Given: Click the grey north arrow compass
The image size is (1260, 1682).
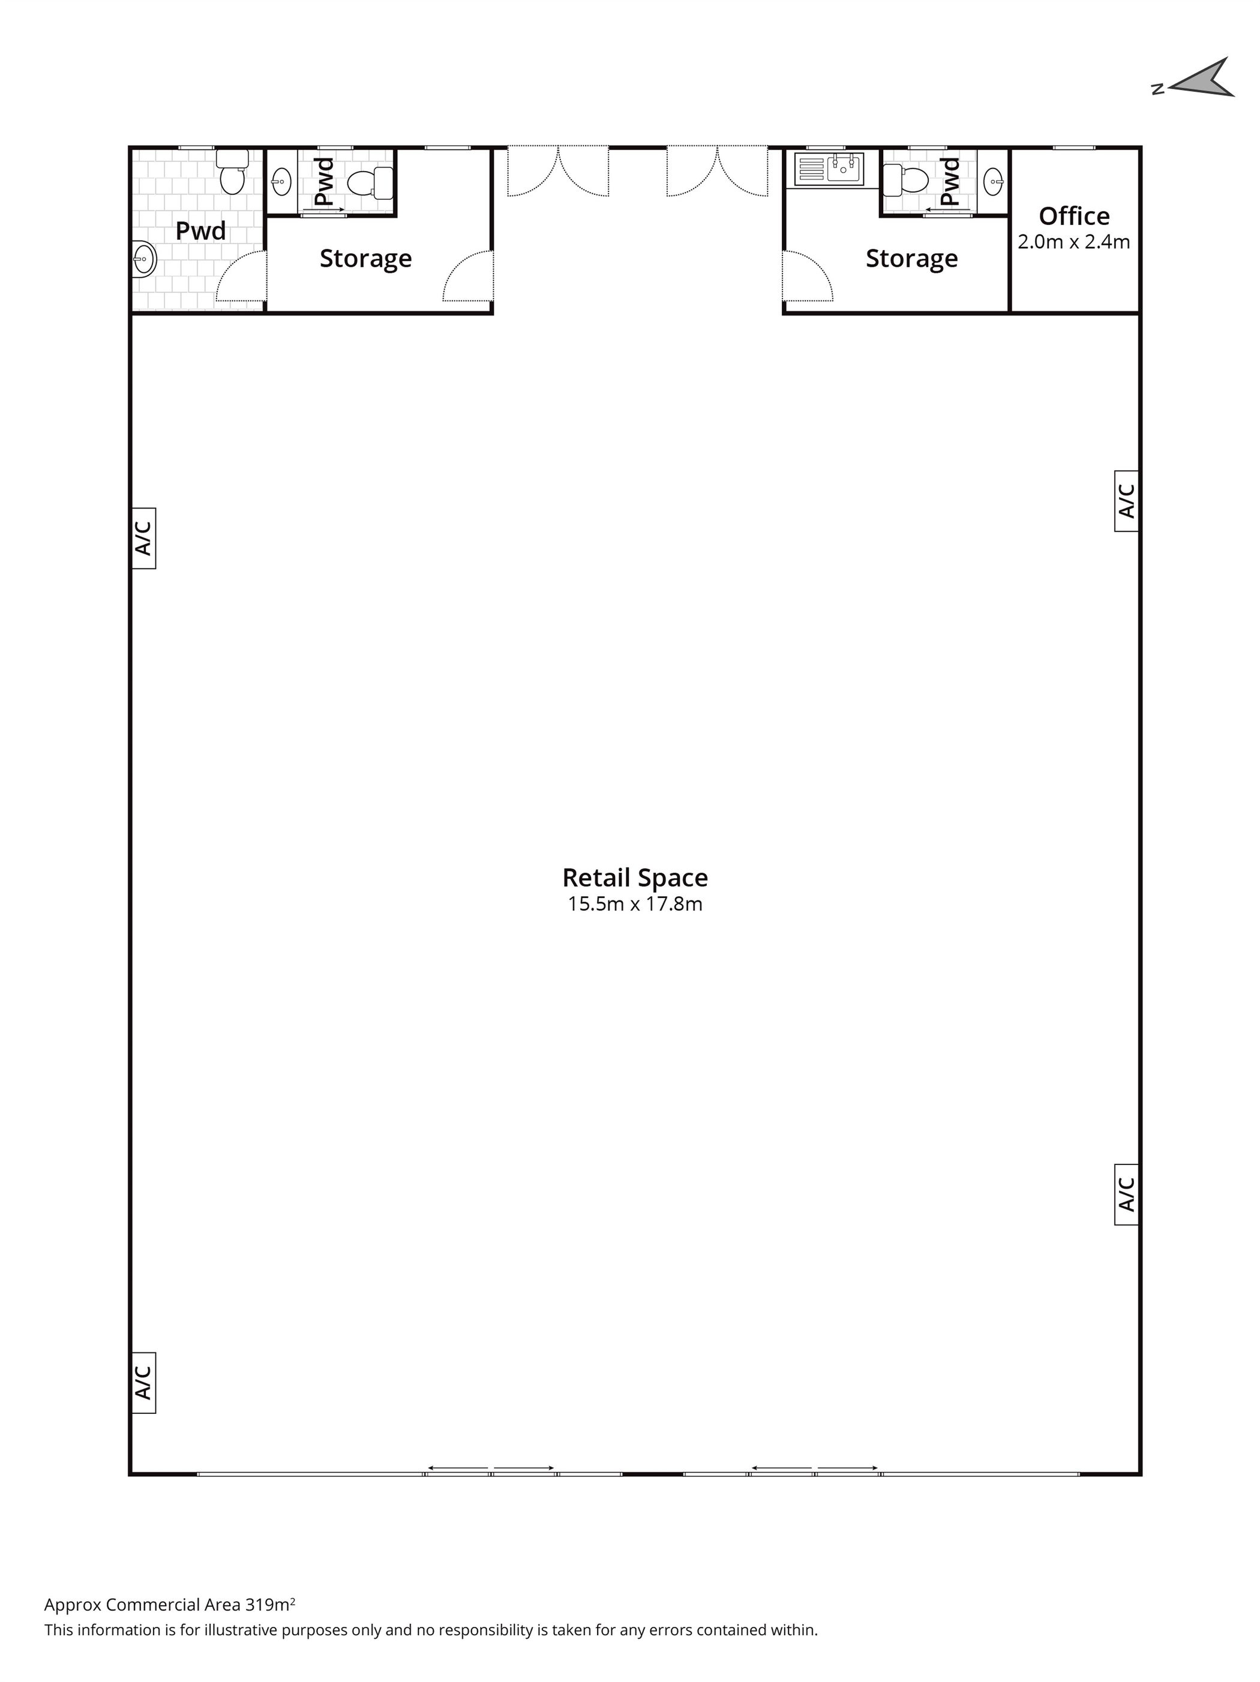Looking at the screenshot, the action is (x=1205, y=80).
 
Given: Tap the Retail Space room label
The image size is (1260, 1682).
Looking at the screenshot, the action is (x=635, y=878).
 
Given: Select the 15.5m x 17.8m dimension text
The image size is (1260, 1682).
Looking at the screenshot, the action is (x=635, y=904).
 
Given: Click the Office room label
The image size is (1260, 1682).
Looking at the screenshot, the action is (x=1073, y=217).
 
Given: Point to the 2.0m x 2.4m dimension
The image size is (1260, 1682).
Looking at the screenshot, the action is (x=1073, y=242).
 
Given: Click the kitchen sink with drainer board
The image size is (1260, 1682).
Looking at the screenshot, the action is (x=829, y=169).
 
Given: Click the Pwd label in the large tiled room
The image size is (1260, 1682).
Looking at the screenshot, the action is (x=201, y=231).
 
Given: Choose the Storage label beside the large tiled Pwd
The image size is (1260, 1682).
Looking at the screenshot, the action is (x=366, y=259).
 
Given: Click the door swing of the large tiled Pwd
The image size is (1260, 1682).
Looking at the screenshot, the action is (x=242, y=276).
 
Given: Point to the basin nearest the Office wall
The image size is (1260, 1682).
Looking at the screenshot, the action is (x=993, y=181).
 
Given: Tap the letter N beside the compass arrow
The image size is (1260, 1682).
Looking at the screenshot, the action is (x=1158, y=89).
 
